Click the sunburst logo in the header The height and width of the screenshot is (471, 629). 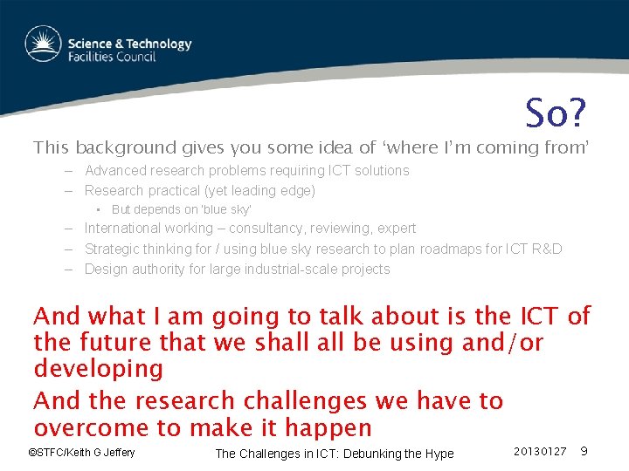tap(44, 44)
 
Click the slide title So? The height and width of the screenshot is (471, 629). tap(556, 113)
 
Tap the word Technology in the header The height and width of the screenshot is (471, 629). tap(159, 44)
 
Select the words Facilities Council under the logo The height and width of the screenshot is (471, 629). tap(112, 57)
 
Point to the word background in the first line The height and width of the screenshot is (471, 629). tap(126, 147)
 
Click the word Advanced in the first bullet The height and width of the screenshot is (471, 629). tap(116, 171)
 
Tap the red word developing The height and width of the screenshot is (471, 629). tap(99, 369)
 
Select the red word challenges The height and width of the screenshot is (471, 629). tap(305, 401)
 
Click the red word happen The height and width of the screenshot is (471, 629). tap(328, 428)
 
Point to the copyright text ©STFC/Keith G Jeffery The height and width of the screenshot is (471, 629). tap(81, 453)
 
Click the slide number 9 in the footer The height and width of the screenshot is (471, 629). tap(584, 452)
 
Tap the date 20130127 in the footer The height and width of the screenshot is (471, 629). tap(540, 452)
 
